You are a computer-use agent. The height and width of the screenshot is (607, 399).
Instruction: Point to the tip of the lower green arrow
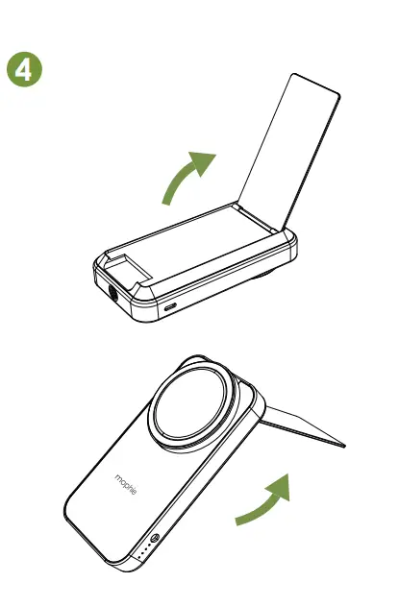tap(287, 476)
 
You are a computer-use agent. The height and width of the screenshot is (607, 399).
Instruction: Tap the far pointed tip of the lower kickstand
tap(345, 446)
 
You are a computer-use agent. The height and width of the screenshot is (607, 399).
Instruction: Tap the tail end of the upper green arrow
tap(164, 204)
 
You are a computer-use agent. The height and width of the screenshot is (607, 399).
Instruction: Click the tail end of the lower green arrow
tap(237, 522)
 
